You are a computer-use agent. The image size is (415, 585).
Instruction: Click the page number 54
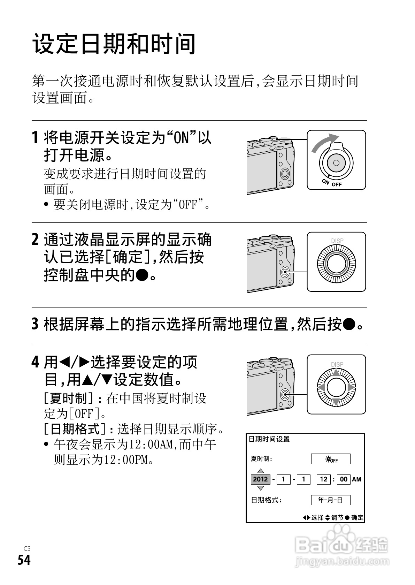[24, 560]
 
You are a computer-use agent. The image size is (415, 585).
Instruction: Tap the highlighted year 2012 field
[261, 479]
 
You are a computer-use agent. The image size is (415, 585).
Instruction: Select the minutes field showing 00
[344, 479]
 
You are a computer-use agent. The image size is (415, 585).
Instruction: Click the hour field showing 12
[324, 479]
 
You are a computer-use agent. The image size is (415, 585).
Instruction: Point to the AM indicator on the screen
[356, 479]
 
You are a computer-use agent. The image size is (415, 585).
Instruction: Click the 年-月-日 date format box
[331, 500]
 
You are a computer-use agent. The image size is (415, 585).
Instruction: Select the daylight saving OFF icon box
[331, 458]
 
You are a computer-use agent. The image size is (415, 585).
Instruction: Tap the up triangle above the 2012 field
[261, 471]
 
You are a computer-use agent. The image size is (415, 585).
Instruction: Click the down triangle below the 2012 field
[261, 488]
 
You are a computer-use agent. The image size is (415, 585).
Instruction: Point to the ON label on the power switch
[325, 182]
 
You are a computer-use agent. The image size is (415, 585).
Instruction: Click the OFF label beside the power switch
[337, 184]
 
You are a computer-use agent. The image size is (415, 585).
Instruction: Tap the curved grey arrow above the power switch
[324, 143]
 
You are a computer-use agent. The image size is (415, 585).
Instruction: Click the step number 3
[35, 324]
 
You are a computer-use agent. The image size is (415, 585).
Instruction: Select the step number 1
[35, 137]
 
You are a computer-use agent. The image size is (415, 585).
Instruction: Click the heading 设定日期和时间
[114, 44]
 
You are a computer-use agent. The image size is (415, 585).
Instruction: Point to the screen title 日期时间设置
[269, 439]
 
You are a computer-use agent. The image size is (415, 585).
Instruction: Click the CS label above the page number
[27, 548]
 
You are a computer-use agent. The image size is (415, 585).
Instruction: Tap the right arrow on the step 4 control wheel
[351, 387]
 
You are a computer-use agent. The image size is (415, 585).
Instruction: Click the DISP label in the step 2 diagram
[337, 241]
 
